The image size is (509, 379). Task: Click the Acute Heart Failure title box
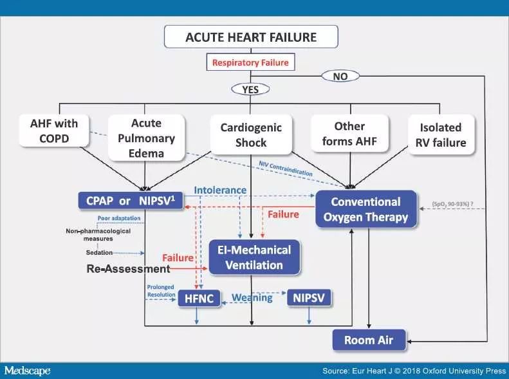point(251,37)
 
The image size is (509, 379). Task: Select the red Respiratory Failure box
point(250,63)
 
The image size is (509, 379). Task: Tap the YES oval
point(250,89)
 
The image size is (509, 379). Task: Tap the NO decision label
point(340,76)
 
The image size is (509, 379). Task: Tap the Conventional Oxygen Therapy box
point(366,209)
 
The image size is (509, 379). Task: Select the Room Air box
point(368,340)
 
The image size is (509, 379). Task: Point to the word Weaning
point(252,298)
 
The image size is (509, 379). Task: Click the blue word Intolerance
point(220,190)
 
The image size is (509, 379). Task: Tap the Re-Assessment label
point(128,268)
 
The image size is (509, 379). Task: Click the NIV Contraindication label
point(286,169)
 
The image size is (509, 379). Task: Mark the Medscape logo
point(27,371)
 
